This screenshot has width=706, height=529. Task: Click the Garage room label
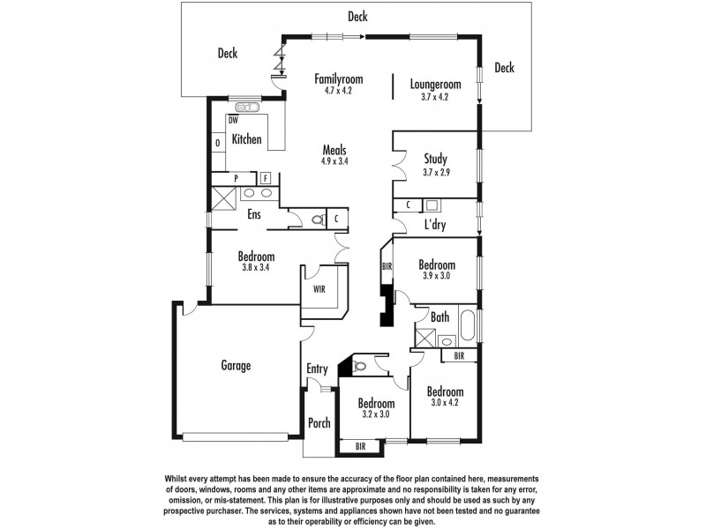pyautogui.click(x=236, y=365)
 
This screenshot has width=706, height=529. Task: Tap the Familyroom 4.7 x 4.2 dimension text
pyautogui.click(x=338, y=91)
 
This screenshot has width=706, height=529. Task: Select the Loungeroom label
pyautogui.click(x=436, y=85)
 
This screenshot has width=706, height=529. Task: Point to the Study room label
pyautogui.click(x=435, y=160)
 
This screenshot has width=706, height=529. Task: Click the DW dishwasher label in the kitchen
pyautogui.click(x=234, y=120)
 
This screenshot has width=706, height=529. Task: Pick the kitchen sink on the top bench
pyautogui.click(x=248, y=108)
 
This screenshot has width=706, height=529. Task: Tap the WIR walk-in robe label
pyautogui.click(x=319, y=287)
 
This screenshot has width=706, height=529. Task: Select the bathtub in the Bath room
pyautogui.click(x=468, y=327)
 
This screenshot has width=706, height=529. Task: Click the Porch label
pyautogui.click(x=319, y=423)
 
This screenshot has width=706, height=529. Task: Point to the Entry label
pyautogui.click(x=317, y=369)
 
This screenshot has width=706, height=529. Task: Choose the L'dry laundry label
pyautogui.click(x=435, y=226)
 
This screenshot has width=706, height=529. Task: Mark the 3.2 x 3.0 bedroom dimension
pyautogui.click(x=377, y=414)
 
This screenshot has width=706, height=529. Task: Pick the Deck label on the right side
pyautogui.click(x=505, y=68)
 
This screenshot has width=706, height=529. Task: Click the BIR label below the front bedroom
pyautogui.click(x=360, y=447)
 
